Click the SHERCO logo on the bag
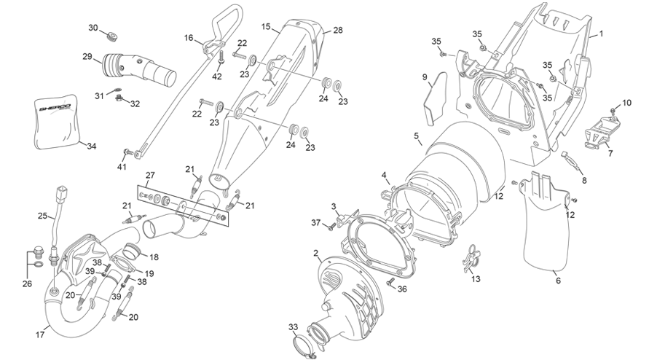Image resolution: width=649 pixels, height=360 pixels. pos(55,108)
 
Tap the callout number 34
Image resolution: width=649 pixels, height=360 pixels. pos(92,146)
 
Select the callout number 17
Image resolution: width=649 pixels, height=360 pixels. pos(40,334)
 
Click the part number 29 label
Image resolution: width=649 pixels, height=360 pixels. pos(87,56)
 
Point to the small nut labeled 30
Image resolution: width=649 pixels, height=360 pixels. pos(111,36)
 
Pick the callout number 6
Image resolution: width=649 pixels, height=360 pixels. pos(559,281)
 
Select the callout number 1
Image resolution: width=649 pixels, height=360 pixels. pos(602,34)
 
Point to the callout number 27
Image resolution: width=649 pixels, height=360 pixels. pos(150,175)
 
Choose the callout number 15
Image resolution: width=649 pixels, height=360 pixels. pos(266,27)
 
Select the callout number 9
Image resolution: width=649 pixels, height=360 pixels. pos(425,77)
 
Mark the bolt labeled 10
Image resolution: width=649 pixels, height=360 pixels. pos(613,110)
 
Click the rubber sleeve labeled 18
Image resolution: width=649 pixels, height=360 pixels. pos(133,251)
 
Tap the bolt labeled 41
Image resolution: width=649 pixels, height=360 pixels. pos(128,152)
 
